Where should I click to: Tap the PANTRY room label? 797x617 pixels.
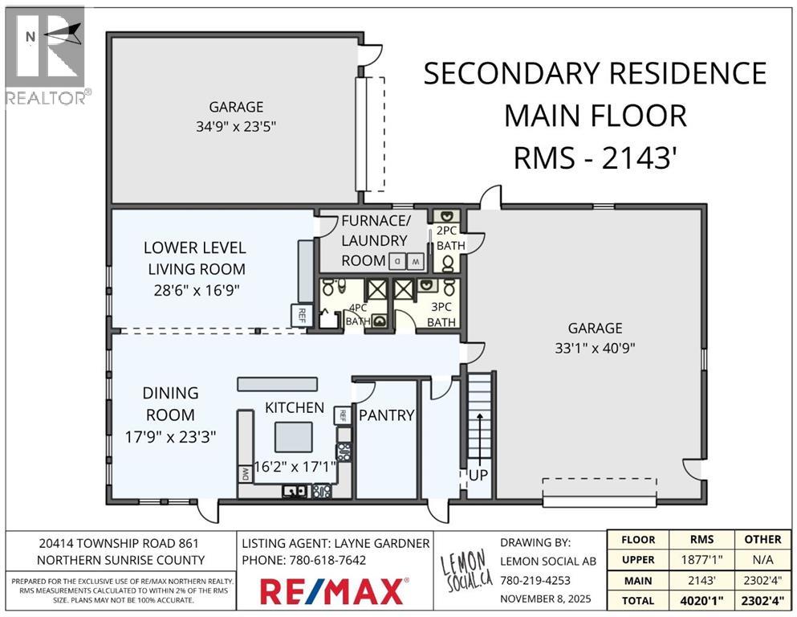coord(386,415)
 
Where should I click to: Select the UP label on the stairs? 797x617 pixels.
coord(478,475)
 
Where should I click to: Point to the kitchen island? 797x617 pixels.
coord(294,437)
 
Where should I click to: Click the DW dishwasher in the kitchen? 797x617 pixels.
coord(245,475)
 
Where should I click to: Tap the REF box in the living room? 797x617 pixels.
coord(302,316)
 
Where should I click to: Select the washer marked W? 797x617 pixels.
coord(415,262)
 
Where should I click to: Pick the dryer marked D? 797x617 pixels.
coord(397,262)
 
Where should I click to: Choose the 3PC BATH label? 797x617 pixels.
coord(441,315)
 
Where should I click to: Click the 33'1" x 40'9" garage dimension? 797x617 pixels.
coord(595,349)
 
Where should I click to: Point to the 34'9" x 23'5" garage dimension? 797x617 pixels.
coord(236,126)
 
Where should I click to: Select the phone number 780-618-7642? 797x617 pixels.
coord(327,560)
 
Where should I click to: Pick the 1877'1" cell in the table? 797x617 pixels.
coord(702,560)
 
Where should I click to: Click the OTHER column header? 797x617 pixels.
coord(763,539)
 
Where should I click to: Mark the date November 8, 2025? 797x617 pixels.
coord(546,599)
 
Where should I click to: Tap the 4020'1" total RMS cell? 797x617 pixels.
coord(702,601)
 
